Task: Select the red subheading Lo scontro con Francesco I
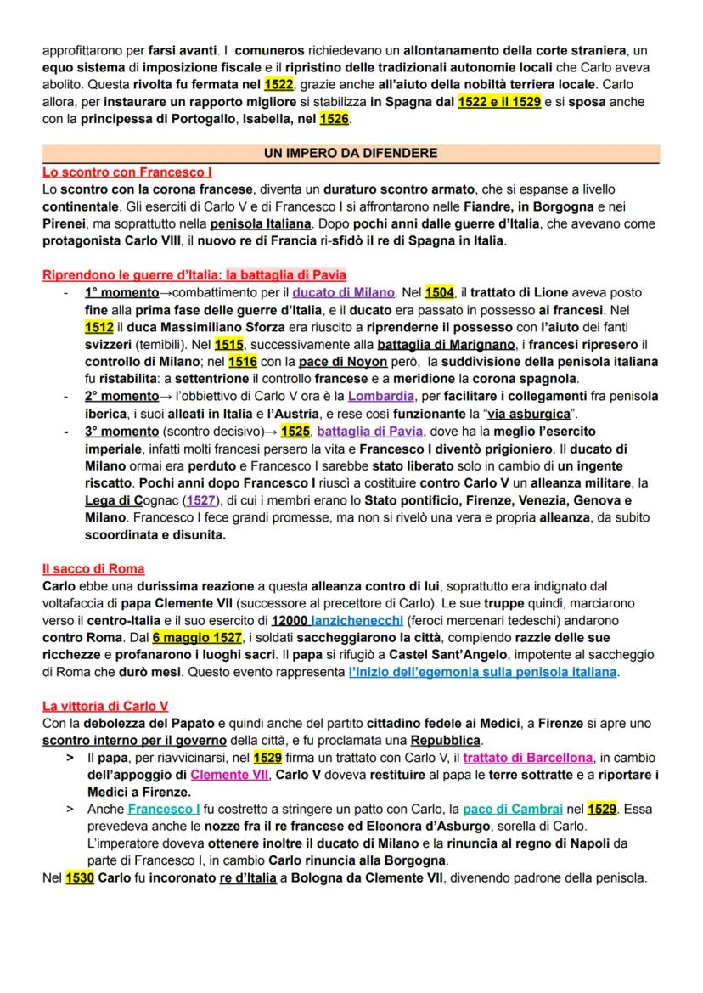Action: click(x=127, y=172)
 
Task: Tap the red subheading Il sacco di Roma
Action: click(x=93, y=568)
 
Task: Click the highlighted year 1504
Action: click(x=439, y=292)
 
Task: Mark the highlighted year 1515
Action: click(x=228, y=344)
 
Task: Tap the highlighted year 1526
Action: click(x=334, y=120)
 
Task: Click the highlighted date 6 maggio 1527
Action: click(x=197, y=637)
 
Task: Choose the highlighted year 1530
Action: click(x=80, y=877)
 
